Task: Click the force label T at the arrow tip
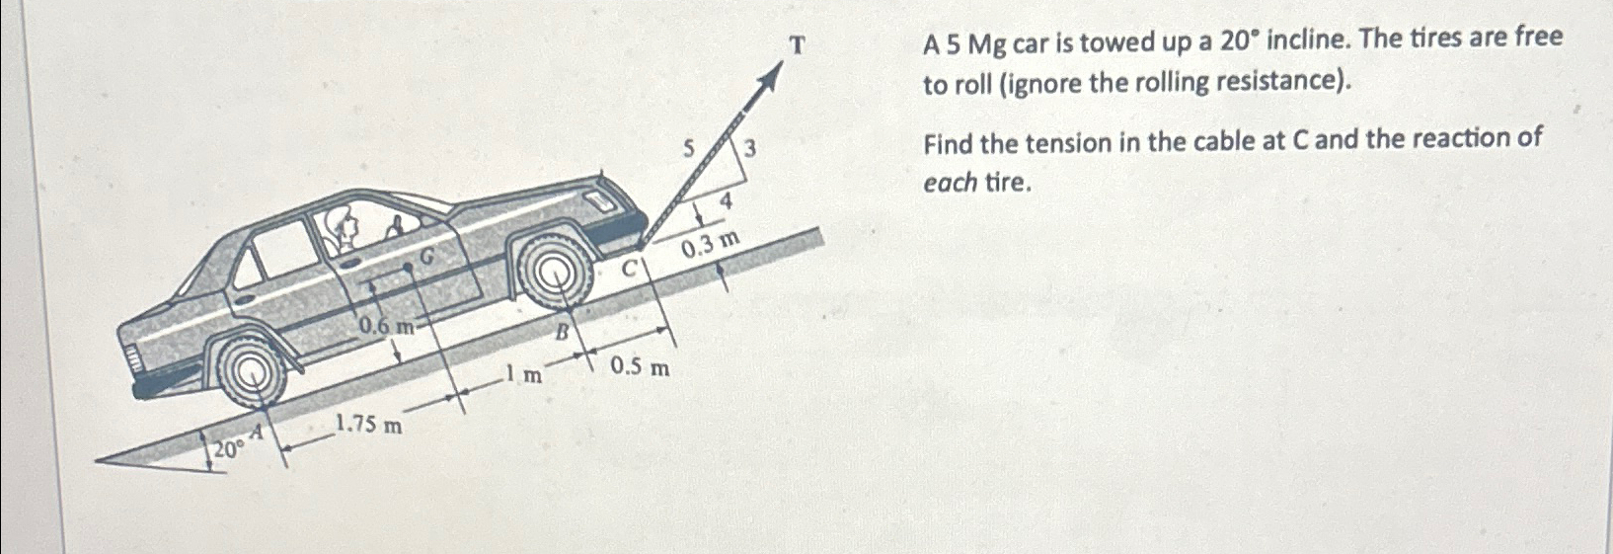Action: click(798, 45)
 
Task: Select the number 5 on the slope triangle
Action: click(691, 148)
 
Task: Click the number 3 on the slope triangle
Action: click(749, 150)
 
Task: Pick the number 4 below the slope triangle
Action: click(726, 201)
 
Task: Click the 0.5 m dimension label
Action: click(640, 368)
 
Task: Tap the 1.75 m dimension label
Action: click(368, 426)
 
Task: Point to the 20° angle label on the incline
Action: click(228, 449)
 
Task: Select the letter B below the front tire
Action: click(562, 332)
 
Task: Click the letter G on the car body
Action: click(428, 257)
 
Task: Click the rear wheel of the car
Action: click(252, 372)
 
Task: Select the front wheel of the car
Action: click(554, 271)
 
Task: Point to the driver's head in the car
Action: click(346, 228)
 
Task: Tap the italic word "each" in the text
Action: click(951, 184)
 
